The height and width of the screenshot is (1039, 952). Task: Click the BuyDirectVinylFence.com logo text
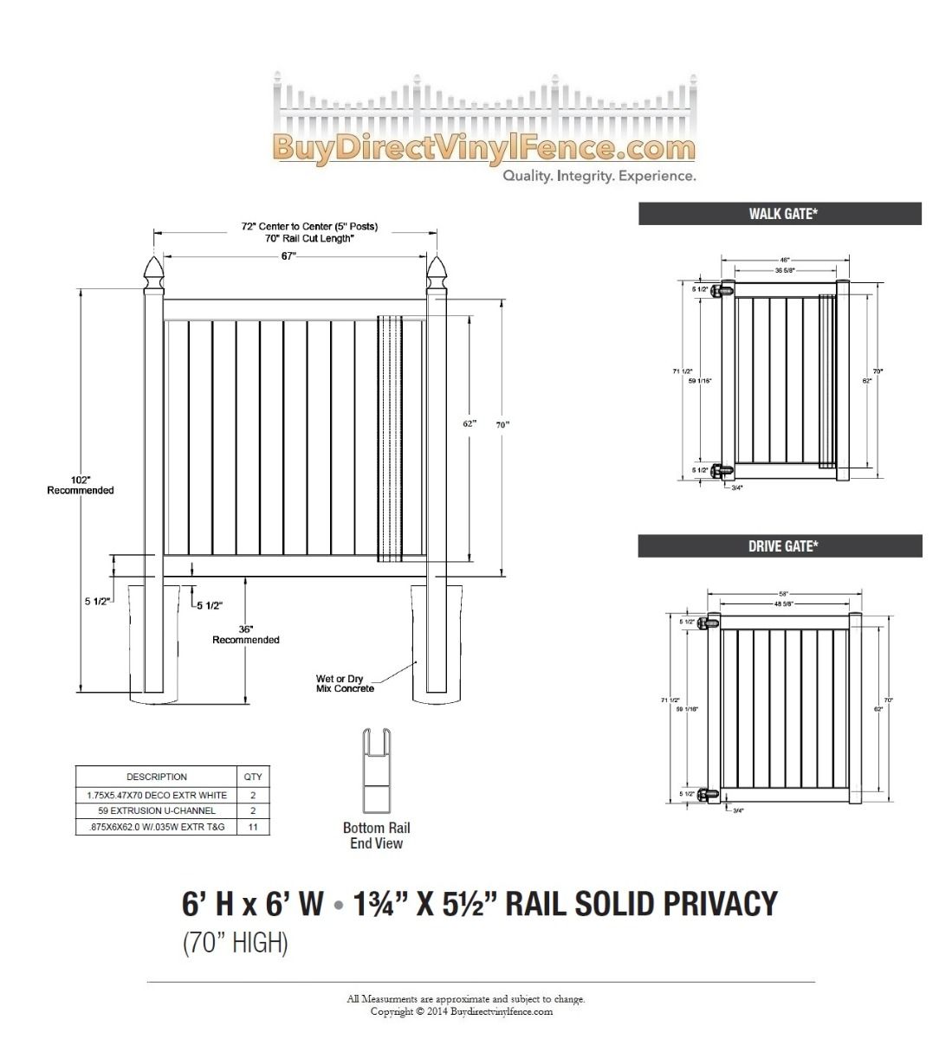(483, 148)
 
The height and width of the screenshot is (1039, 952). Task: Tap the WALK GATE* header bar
(780, 214)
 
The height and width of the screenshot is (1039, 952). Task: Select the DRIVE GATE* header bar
(780, 546)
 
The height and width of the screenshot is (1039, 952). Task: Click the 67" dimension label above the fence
(288, 255)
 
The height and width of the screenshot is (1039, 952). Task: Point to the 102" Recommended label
(81, 485)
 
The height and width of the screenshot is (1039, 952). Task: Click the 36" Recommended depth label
(246, 634)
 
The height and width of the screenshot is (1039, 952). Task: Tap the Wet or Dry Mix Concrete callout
(345, 684)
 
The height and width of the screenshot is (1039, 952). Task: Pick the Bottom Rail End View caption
(377, 836)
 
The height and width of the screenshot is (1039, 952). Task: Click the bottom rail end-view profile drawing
(376, 771)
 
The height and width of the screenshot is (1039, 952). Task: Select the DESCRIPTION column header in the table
(157, 777)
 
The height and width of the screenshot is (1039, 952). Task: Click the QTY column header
(253, 777)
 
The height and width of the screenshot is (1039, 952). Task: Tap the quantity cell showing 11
(253, 827)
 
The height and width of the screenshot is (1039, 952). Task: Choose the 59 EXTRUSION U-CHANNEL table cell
(157, 810)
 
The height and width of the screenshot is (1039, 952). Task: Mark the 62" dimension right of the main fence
(470, 424)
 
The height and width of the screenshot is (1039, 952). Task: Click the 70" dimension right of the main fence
(503, 424)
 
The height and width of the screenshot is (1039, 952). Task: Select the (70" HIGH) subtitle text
(235, 942)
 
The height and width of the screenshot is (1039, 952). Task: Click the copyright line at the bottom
(462, 1011)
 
